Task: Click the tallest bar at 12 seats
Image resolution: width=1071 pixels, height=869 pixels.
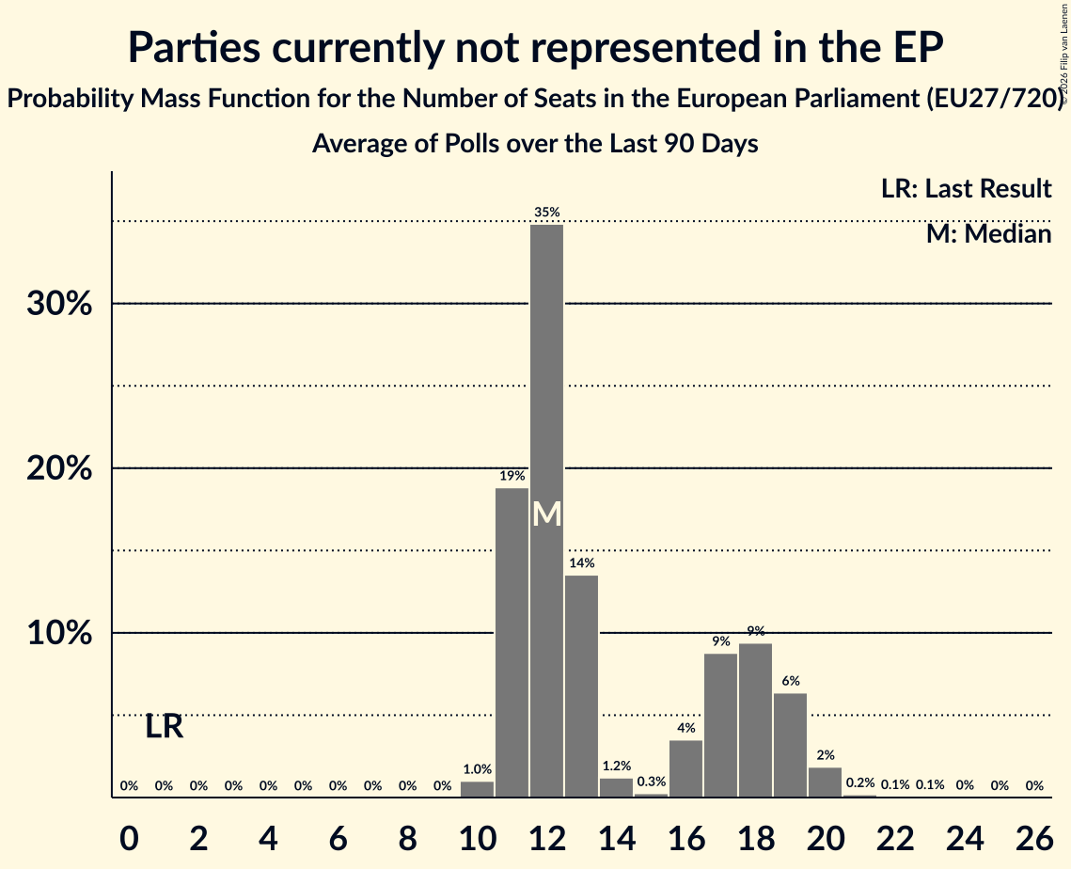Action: coord(546,511)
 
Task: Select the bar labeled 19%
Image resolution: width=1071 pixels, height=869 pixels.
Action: coord(512,642)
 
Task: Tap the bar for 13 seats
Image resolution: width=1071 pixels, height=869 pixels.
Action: coord(581,686)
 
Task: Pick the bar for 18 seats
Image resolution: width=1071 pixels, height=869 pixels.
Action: coord(755,720)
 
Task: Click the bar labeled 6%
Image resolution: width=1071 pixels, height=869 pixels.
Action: coord(790,746)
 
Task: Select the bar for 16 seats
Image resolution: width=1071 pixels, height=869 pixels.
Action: coord(685,768)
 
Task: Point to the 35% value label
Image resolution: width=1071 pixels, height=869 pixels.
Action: coord(546,213)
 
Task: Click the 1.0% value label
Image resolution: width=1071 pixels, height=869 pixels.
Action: coord(477,769)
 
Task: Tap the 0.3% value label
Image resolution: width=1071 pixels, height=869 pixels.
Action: coord(651,782)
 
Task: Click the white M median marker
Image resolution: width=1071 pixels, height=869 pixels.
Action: coord(546,514)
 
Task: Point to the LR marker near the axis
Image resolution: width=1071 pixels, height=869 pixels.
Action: coord(164,726)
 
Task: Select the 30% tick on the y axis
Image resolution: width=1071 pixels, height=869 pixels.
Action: coord(59,304)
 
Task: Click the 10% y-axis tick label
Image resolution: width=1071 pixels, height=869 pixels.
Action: coord(59,633)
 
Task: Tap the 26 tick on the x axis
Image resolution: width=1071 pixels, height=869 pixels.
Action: coord(1034,838)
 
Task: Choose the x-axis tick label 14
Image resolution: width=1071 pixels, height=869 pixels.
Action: coord(616,838)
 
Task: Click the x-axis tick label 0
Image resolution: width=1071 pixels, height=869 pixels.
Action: coord(129,838)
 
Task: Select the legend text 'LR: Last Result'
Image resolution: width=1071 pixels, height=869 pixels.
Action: coord(966,188)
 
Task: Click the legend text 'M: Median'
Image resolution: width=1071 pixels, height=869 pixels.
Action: coord(988,234)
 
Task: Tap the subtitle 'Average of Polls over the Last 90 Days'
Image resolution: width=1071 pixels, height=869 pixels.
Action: coord(535,144)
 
